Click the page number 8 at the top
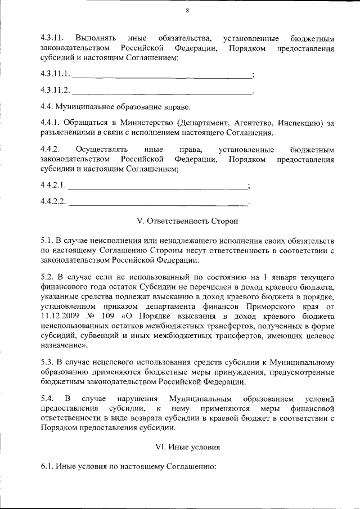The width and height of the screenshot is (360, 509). coord(187,11)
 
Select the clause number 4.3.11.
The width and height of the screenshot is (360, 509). coord(52,39)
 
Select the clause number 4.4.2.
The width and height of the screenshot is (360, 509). coord(50,150)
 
